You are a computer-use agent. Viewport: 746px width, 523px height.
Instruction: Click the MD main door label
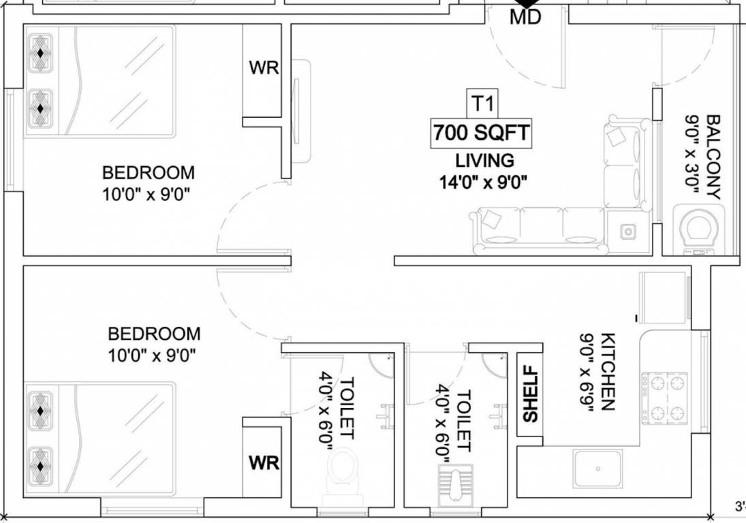[525, 17]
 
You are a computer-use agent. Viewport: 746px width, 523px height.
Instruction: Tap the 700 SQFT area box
[480, 133]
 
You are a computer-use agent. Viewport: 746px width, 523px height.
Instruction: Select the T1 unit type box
[482, 104]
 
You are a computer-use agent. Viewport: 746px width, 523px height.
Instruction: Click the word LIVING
[484, 161]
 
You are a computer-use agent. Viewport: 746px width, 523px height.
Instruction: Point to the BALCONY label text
[713, 157]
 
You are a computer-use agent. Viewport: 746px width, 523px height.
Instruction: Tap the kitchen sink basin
[597, 469]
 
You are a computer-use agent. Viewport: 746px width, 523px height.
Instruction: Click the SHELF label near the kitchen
[531, 396]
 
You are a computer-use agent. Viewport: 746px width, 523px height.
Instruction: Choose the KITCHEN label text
[608, 372]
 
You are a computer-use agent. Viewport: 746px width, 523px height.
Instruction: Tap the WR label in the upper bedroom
[264, 69]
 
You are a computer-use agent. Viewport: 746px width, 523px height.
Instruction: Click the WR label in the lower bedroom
[264, 463]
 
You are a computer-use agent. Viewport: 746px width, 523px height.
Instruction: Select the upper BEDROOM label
[148, 172]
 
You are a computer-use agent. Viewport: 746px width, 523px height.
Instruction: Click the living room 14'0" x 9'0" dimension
[484, 182]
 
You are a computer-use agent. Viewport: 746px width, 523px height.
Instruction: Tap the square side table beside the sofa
[627, 232]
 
